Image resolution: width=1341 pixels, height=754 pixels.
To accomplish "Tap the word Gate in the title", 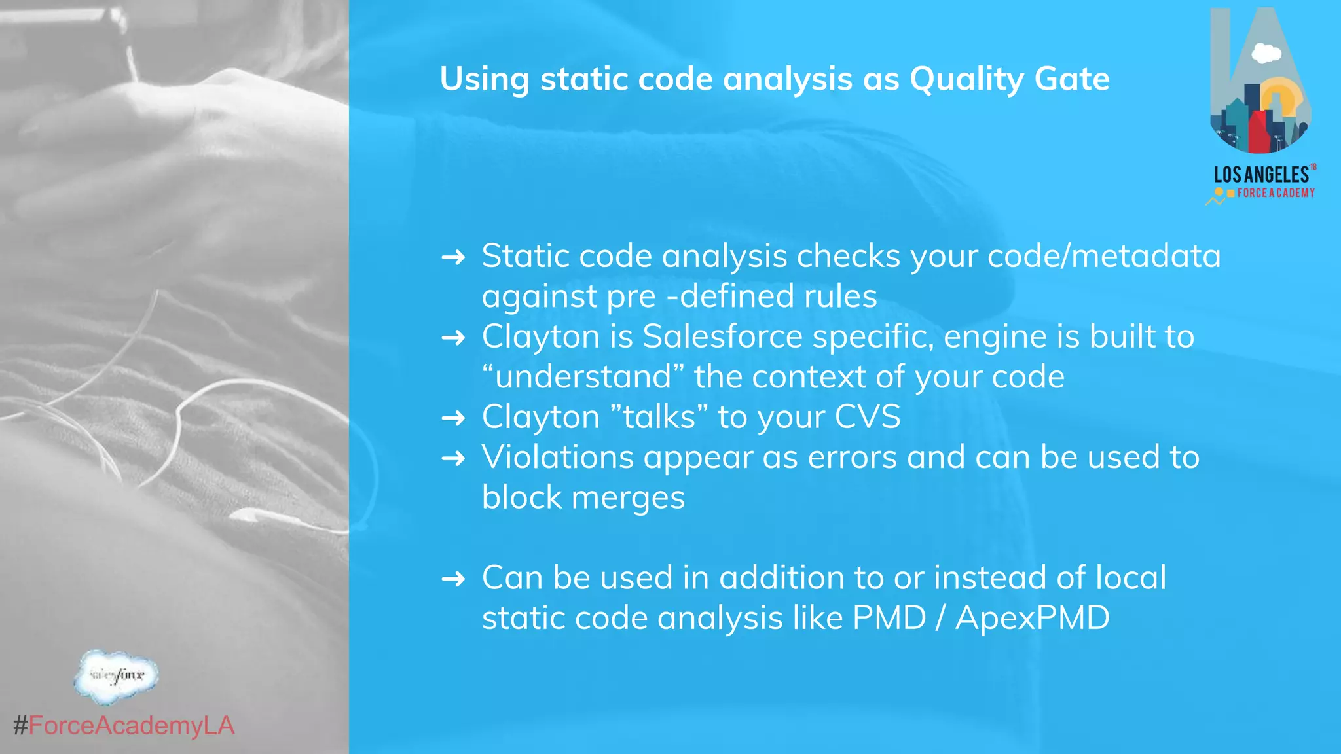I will (x=1072, y=79).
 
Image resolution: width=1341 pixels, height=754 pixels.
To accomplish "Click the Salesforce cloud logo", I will (x=117, y=676).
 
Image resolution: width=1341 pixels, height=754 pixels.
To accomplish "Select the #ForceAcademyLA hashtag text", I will (x=124, y=726).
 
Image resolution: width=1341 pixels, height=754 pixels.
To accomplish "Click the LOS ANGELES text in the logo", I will (x=1260, y=175).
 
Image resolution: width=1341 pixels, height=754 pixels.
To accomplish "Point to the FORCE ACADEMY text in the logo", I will (x=1276, y=193).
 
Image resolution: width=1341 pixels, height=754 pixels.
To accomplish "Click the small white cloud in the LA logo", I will (x=1266, y=54).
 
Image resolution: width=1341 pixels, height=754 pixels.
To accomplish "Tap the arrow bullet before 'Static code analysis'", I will (x=453, y=257).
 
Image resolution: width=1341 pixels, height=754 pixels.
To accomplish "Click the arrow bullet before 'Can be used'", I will (x=453, y=579).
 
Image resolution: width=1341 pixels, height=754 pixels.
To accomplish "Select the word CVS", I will (x=868, y=417).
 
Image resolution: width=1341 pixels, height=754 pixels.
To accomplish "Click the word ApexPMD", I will (x=1032, y=618).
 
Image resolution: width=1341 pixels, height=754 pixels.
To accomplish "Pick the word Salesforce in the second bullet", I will (x=722, y=337).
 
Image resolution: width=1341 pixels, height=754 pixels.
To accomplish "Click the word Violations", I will (x=558, y=457).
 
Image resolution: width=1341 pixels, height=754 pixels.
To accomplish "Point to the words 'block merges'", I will (x=583, y=497).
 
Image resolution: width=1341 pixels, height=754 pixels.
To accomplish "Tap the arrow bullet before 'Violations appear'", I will (x=453, y=458).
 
